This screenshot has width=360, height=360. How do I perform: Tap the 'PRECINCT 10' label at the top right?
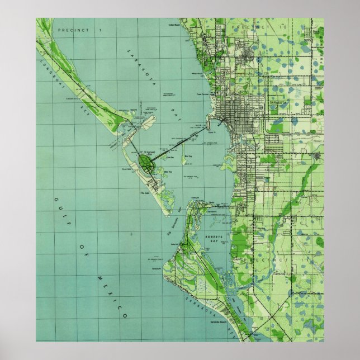point(251,26)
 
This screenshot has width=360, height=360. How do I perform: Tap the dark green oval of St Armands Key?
point(148,163)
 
